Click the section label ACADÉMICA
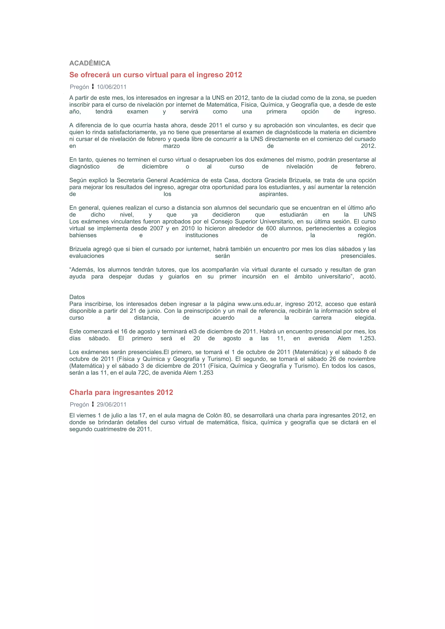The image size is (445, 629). pyautogui.click(x=90, y=63)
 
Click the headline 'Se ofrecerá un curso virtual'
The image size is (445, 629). pyautogui.click(x=155, y=75)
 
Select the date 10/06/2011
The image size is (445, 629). pyautogui.click(x=112, y=87)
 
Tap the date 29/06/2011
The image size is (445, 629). pyautogui.click(x=112, y=405)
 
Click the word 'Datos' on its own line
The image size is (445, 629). pyautogui.click(x=77, y=297)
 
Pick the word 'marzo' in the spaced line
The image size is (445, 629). pyautogui.click(x=171, y=146)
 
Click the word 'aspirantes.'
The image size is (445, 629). pyautogui.click(x=273, y=194)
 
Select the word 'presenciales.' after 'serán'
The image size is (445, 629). pyautogui.click(x=358, y=256)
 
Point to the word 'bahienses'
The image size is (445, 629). pyautogui.click(x=83, y=235)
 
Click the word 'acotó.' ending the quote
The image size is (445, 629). pyautogui.click(x=368, y=277)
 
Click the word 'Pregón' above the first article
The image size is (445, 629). pyautogui.click(x=79, y=87)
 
